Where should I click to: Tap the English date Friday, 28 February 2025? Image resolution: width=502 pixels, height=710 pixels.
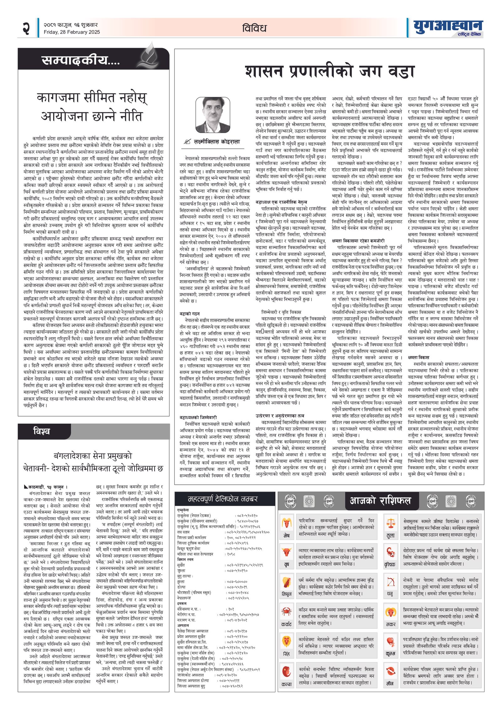pos(72,32)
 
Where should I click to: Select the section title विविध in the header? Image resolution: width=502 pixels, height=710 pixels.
pos(254,28)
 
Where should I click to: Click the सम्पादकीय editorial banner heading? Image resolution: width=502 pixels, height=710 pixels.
pos(81,60)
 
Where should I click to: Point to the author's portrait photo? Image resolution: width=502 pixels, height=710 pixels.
pos(213,115)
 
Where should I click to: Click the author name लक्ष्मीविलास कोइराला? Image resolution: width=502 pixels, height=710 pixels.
pos(216,142)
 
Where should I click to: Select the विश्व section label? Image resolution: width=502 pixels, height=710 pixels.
pos(42,431)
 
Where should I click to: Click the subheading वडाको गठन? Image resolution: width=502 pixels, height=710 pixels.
pos(190,313)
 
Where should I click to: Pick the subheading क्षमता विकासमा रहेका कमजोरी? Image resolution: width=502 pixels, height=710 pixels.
pos(358,241)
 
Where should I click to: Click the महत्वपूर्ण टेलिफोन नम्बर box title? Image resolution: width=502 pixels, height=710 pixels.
pos(223,499)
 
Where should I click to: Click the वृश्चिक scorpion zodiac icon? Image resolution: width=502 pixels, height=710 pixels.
pos(391,553)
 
